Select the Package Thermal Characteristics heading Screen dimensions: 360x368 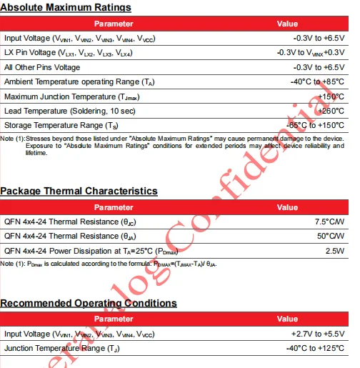coord(79,191)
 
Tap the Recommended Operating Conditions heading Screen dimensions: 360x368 coord(89,303)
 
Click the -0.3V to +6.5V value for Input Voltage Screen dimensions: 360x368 coord(319,38)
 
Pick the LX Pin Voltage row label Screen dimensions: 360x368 coord(68,53)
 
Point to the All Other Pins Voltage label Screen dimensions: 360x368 coord(42,67)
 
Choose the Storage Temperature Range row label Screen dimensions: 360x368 coord(64,125)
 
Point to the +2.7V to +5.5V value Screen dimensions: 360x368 coord(319,334)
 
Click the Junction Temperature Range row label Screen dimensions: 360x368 coord(60,348)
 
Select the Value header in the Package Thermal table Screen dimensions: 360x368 coord(287,207)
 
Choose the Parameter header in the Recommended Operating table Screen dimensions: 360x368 coord(114,319)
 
